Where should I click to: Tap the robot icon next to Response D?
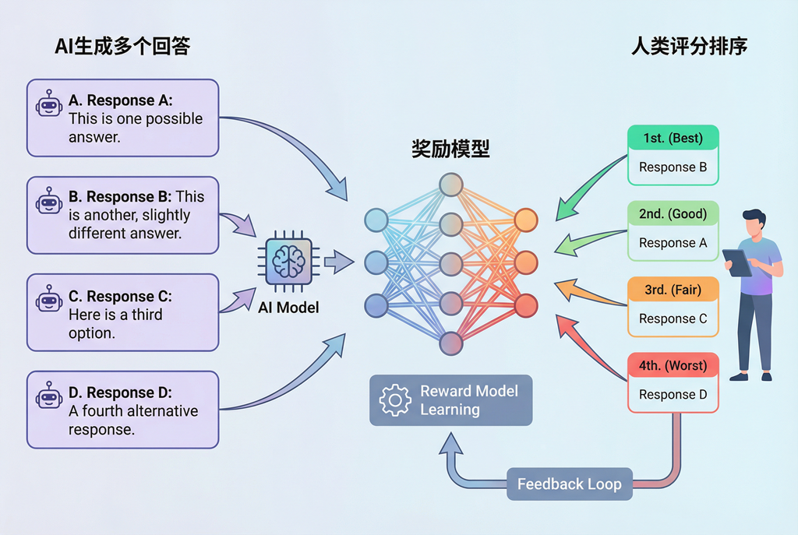pos(49,398)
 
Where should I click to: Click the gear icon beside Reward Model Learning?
pos(395,399)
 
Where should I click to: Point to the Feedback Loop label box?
pos(569,484)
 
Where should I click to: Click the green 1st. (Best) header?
pos(673,139)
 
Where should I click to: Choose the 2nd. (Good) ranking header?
pos(673,214)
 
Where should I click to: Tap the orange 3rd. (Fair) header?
pos(673,290)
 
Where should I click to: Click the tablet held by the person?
pos(736,262)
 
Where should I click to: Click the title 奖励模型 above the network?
pos(450,149)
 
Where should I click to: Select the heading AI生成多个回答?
pos(122,46)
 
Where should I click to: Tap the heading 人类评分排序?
pos(689,46)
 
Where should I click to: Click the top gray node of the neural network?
pos(450,185)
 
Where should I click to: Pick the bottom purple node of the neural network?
pos(450,343)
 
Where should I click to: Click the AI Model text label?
pos(288,308)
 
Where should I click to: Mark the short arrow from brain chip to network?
pos(337,262)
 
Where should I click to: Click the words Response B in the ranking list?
pos(673,167)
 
